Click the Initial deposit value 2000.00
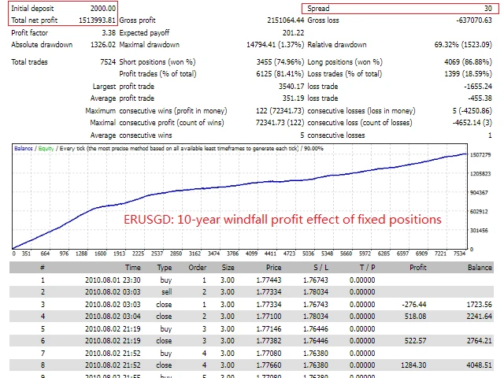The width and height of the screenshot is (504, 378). click(100, 8)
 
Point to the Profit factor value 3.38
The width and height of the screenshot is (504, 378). click(109, 33)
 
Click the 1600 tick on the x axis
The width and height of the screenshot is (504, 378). click(100, 254)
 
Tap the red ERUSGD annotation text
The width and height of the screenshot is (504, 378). click(283, 219)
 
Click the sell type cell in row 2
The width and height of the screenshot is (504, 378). click(165, 291)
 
